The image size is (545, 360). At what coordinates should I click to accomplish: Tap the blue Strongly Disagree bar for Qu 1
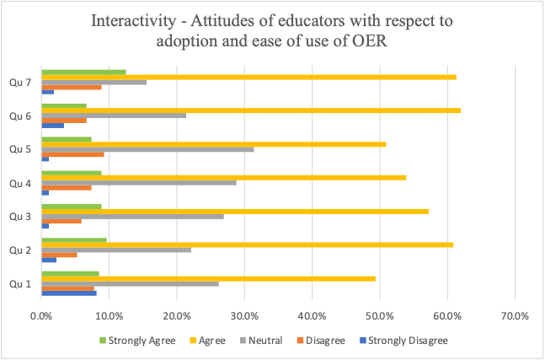pyautogui.click(x=69, y=293)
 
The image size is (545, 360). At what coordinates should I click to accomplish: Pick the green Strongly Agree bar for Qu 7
pyautogui.click(x=83, y=72)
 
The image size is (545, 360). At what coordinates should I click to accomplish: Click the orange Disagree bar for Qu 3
pyautogui.click(x=61, y=221)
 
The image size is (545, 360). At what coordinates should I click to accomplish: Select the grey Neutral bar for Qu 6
pyautogui.click(x=114, y=115)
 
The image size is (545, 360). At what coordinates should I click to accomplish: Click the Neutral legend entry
pyautogui.click(x=262, y=341)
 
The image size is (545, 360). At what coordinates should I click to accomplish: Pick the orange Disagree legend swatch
pyautogui.click(x=301, y=341)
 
